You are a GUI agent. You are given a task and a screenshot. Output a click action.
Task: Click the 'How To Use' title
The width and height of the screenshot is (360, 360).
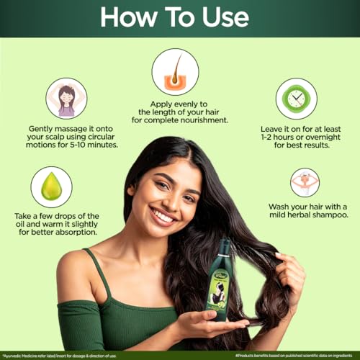coord(179,18)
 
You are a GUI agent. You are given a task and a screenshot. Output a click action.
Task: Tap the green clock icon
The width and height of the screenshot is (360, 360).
coord(297,99)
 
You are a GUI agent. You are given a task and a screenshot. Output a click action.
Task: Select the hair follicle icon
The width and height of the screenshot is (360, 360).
coord(175,71)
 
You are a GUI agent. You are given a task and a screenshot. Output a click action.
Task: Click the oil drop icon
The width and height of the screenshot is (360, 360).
coord(51,186)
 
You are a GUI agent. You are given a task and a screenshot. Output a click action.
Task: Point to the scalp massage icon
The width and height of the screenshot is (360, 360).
coord(66,99)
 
